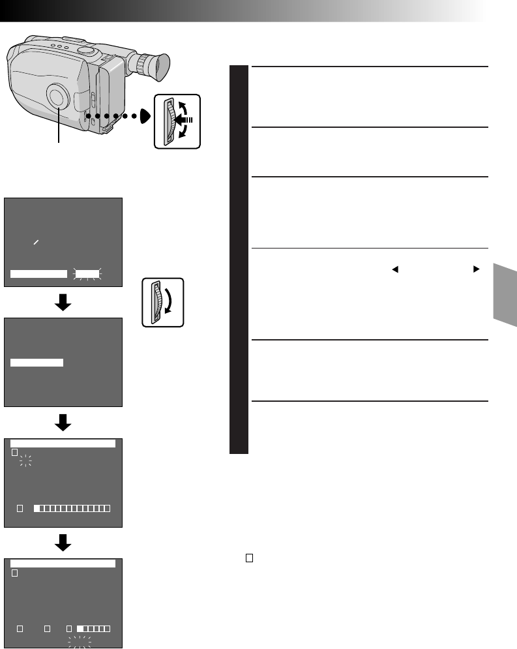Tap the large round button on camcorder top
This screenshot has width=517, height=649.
(x=85, y=50)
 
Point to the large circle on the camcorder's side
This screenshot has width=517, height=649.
(x=58, y=97)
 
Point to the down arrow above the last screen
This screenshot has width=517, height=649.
(x=63, y=544)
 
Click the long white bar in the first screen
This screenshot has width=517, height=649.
(x=39, y=274)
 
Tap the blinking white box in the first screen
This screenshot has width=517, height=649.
(x=87, y=274)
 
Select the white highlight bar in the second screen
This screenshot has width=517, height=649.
(x=37, y=363)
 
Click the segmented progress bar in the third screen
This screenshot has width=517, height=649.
(x=72, y=507)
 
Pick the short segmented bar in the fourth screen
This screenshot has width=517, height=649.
(x=93, y=628)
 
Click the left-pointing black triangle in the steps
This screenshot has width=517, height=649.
(x=394, y=268)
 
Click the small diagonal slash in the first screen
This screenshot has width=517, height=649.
(x=37, y=242)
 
